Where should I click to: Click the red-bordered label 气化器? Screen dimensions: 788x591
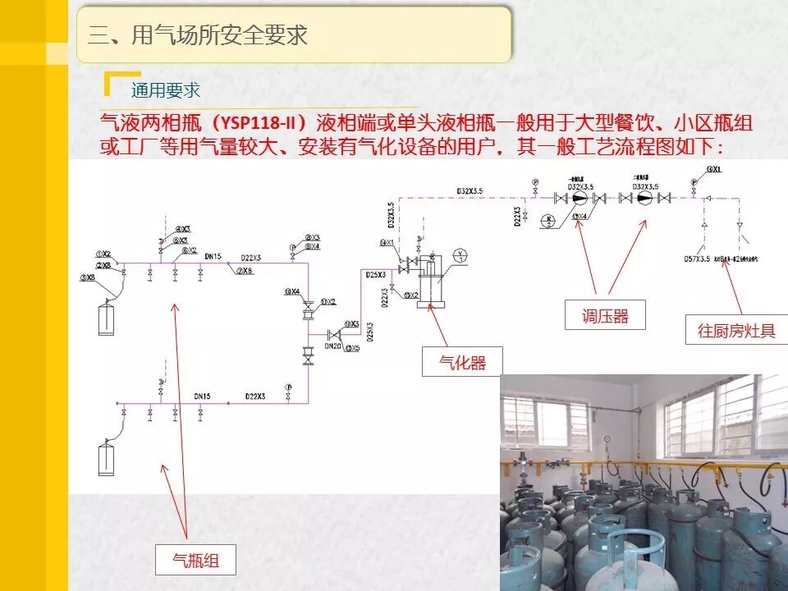click(x=462, y=362)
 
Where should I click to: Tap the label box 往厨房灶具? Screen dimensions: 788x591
click(x=736, y=330)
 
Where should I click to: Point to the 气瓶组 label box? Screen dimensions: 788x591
click(x=195, y=561)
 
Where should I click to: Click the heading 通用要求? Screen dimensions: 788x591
click(x=165, y=90)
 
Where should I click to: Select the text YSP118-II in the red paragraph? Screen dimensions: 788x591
click(x=258, y=124)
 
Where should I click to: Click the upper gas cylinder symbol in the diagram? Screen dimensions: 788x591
click(x=106, y=318)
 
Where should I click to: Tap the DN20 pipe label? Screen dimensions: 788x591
click(x=332, y=347)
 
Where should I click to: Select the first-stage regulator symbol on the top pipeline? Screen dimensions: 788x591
click(x=580, y=198)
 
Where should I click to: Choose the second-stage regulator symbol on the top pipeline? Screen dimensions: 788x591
click(x=643, y=198)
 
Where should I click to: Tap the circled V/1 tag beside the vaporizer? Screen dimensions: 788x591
click(x=461, y=254)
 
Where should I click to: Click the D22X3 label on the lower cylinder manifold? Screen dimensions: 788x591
click(x=255, y=396)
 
